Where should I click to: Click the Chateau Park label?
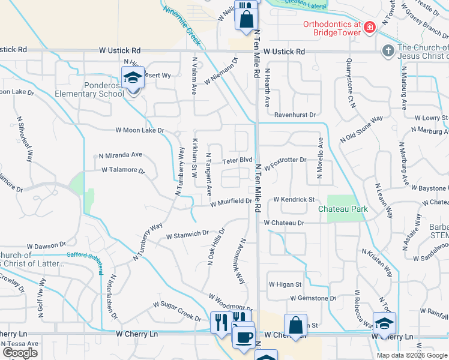coord(342,209)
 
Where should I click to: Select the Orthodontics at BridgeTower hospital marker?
coord(370,28)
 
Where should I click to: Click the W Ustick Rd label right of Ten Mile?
coord(284,52)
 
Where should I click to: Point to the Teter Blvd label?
coord(237,160)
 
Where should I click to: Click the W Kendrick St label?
coord(294,199)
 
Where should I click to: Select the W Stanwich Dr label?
coord(187,234)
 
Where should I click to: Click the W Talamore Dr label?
coord(123,170)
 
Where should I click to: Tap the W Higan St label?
coord(284,284)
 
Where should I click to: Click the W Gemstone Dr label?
coord(313,298)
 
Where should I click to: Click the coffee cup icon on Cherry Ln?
coord(243,337)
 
